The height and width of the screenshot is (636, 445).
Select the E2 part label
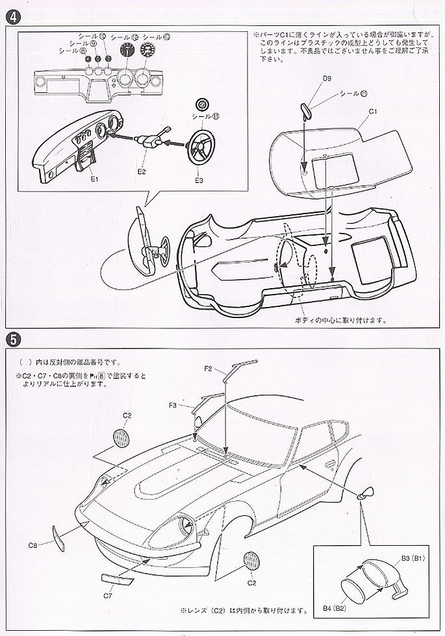tap(142, 172)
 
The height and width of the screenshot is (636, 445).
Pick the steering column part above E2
tap(150, 139)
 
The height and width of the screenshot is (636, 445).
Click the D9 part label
tap(327, 79)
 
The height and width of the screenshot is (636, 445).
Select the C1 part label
tap(374, 111)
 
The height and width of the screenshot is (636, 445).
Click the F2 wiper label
tap(209, 369)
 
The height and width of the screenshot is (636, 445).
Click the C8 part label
tap(33, 527)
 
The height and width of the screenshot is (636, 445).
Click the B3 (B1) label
tap(413, 557)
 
